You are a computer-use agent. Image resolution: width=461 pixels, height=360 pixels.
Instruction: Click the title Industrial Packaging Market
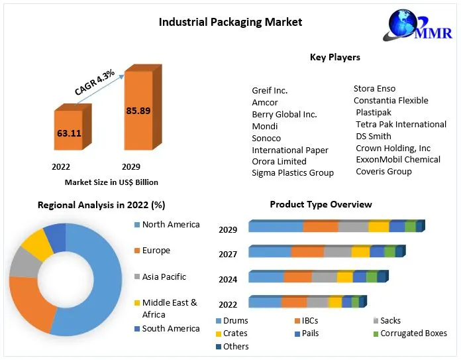coord(230,23)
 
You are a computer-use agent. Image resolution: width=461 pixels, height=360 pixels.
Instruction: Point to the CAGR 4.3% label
coord(95,82)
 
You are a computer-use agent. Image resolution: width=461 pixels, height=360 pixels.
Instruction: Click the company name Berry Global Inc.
coord(284,114)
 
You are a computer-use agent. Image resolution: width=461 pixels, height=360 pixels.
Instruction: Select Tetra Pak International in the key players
coord(401,124)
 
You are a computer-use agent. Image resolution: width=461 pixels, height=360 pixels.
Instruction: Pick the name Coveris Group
coord(384,171)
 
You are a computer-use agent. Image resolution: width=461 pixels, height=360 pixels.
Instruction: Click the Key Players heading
coord(334,57)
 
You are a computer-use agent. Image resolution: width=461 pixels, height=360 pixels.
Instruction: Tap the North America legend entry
coord(170,225)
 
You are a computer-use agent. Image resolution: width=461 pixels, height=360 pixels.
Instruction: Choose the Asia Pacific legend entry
coord(164,276)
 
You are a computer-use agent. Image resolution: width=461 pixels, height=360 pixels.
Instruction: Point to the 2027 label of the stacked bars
coord(228,254)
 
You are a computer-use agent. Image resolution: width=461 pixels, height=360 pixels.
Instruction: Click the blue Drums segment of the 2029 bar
coord(276,227)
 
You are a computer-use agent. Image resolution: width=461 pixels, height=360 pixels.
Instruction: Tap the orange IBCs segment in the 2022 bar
coord(293,303)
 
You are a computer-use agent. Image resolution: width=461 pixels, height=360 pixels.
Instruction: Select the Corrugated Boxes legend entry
coord(414,333)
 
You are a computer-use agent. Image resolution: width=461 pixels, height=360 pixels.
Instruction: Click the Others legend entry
coord(236,346)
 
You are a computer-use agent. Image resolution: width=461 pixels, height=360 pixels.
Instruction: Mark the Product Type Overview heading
coord(321,204)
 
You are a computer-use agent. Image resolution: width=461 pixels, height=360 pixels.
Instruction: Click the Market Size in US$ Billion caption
coord(111,182)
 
